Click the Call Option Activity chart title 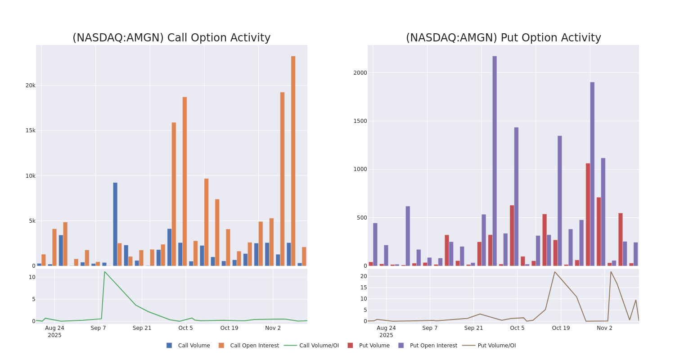coord(171,38)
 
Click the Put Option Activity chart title coord(503,38)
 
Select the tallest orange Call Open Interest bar coord(293,161)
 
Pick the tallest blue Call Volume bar coord(115,224)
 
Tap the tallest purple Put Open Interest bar coord(495,161)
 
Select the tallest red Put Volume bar coord(588,214)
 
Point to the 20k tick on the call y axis coord(30,85)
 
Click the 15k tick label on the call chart coord(30,130)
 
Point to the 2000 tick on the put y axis coord(360,73)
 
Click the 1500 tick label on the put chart coord(360,121)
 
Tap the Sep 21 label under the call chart coord(142,328)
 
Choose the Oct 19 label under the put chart coord(561,328)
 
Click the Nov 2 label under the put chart coord(604,328)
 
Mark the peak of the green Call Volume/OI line coord(104,271)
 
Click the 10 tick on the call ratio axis coord(32,277)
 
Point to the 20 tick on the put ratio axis coord(364,276)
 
